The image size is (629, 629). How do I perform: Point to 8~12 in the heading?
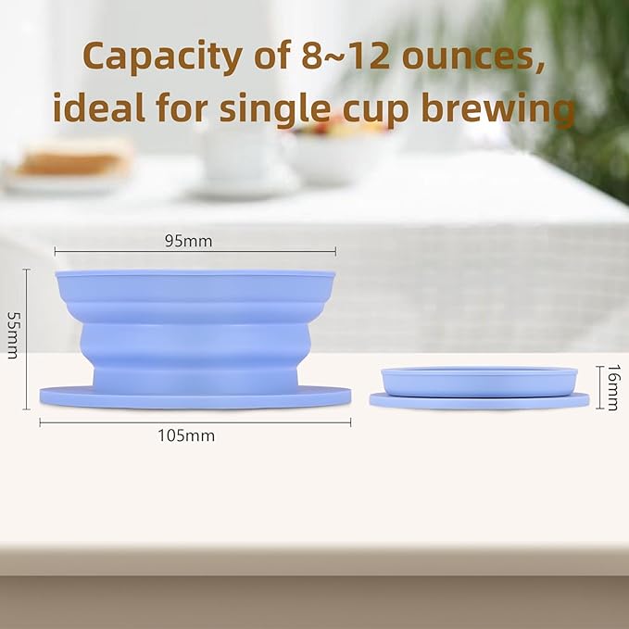click(337, 57)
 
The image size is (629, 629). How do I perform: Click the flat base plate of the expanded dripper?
click(195, 397)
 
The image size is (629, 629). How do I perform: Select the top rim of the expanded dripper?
click(195, 275)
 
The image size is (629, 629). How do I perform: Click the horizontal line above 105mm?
click(195, 421)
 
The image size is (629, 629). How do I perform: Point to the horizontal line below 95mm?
click(195, 251)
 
